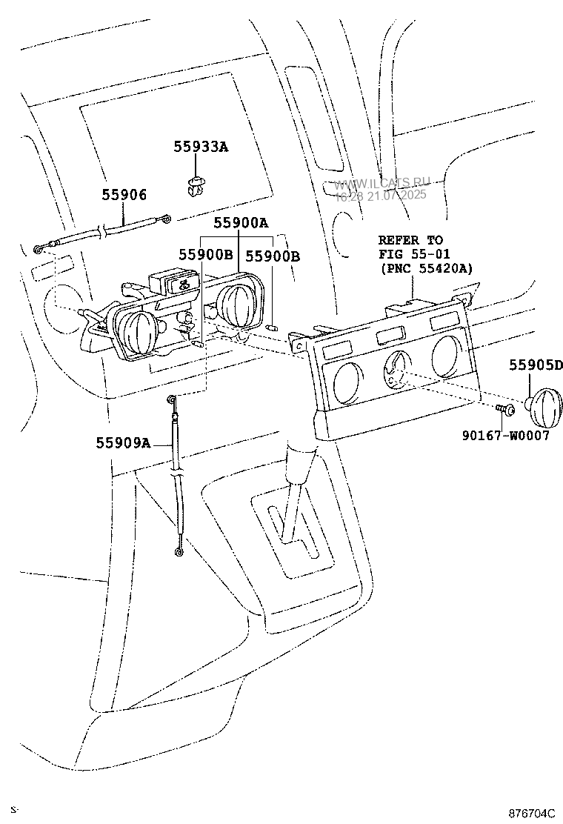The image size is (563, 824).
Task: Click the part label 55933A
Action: click(201, 147)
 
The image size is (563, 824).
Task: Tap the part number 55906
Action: click(124, 195)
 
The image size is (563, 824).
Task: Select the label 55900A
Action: click(241, 222)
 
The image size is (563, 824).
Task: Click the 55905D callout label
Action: click(535, 365)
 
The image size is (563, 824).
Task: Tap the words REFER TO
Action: click(410, 240)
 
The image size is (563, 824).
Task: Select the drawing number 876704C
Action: click(530, 812)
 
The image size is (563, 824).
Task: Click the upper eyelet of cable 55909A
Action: click(173, 400)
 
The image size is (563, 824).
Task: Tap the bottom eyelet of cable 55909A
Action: click(178, 551)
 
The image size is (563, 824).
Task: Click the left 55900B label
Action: click(205, 255)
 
